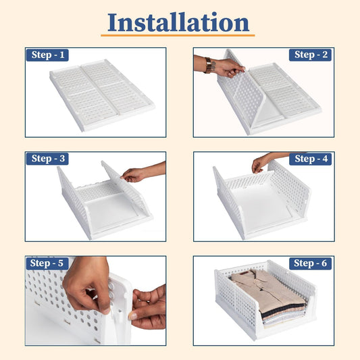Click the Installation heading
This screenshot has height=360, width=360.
[179, 22]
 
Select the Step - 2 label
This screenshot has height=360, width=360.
[311, 55]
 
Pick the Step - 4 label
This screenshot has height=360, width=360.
[311, 159]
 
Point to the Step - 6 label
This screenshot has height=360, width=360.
[311, 263]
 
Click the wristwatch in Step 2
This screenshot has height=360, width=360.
[209, 65]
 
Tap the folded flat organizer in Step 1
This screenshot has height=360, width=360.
[101, 95]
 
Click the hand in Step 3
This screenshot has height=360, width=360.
[135, 174]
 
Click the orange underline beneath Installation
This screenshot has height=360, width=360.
[179, 35]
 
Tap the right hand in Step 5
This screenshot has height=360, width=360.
[149, 307]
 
